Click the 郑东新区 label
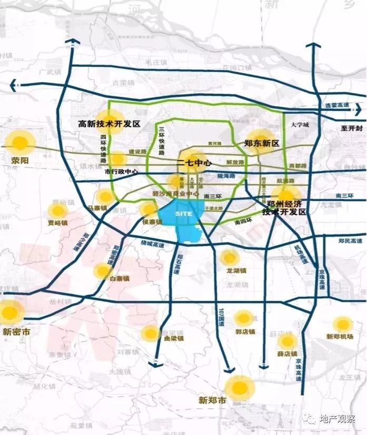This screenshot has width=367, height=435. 262,144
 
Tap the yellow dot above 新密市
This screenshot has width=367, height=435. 10,312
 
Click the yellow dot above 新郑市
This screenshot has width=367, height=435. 240,388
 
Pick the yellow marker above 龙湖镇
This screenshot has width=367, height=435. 230,257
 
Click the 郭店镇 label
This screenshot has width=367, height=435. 245,331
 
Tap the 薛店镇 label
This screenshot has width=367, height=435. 287,353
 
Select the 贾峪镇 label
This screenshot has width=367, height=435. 57,223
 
